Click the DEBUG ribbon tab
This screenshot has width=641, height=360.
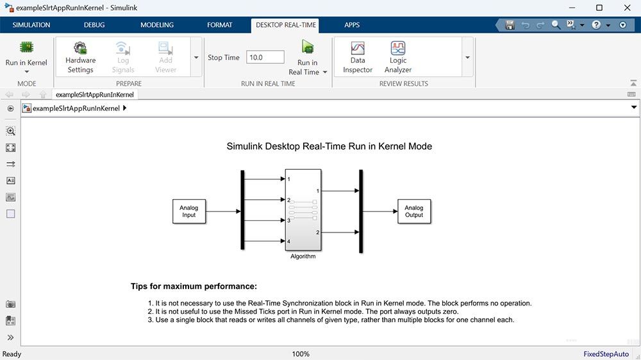tap(95, 25)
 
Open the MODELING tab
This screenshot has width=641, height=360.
tap(157, 25)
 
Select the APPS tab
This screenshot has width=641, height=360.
tap(352, 25)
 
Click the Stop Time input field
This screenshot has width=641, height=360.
tap(265, 57)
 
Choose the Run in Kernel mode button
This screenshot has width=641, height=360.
tap(26, 55)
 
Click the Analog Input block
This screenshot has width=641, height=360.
tap(189, 211)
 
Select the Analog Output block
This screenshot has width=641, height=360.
tap(414, 211)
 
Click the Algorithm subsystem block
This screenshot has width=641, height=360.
tap(303, 211)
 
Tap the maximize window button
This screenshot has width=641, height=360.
tap(599, 8)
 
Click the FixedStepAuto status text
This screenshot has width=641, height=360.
tap(606, 354)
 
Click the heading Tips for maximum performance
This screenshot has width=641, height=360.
tap(194, 286)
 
